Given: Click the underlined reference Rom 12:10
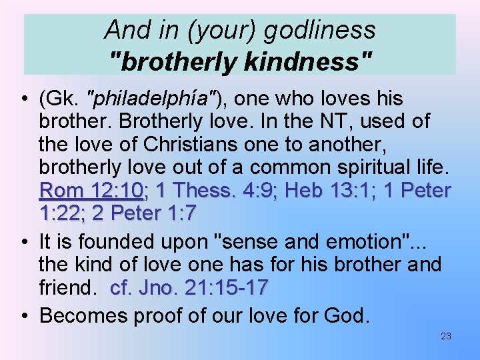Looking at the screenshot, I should pyautogui.click(x=92, y=191).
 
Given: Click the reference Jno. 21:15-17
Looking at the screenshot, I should pyautogui.click(x=189, y=287).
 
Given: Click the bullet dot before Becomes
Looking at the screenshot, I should pyautogui.click(x=23, y=315).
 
